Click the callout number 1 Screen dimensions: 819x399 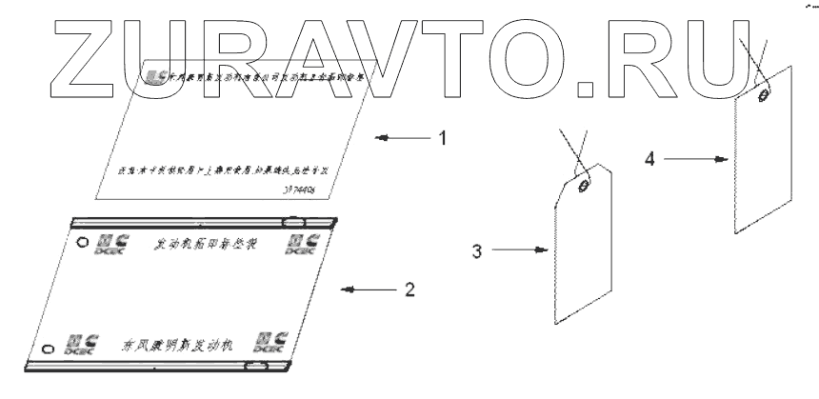coord(441,137)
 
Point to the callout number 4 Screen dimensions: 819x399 coord(649,159)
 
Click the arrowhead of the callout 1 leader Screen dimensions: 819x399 coord(379,138)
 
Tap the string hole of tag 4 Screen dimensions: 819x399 coord(765,95)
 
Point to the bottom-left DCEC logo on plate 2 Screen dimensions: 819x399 coord(76,343)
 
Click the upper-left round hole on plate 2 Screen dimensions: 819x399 coord(83,241)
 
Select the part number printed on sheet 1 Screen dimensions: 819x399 coord(305,191)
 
